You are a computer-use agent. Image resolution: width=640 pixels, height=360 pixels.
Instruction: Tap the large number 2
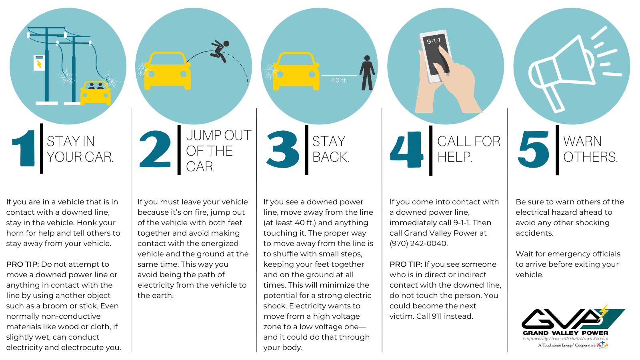point(155,148)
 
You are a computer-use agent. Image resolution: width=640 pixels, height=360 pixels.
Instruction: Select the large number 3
point(282,149)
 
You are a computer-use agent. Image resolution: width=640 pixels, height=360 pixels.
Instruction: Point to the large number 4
point(406,149)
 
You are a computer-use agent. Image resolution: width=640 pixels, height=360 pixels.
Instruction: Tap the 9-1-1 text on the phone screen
point(434,41)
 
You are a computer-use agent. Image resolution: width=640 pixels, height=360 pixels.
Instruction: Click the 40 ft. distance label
point(339,80)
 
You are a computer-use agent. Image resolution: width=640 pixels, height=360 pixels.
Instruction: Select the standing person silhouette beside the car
point(367,73)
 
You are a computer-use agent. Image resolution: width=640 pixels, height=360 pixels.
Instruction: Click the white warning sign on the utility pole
point(39,63)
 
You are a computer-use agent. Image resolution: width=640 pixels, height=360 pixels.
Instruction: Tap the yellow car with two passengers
point(96,93)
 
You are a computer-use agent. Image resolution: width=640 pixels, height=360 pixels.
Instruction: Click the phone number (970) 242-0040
point(418,244)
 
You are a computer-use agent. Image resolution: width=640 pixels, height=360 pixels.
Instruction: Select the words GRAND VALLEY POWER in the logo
point(566,333)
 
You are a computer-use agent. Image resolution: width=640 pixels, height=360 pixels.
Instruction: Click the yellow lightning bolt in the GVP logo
point(604,312)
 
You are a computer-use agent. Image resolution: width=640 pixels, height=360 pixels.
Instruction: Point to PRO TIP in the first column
point(22,264)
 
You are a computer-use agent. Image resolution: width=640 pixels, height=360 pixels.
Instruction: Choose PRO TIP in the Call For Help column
point(406,264)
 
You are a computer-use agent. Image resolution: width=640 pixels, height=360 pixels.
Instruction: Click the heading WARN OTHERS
point(590,149)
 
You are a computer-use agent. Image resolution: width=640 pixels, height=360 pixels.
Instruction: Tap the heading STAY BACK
point(330,149)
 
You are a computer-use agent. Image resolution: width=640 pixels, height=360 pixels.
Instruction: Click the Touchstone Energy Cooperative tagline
point(567,346)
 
